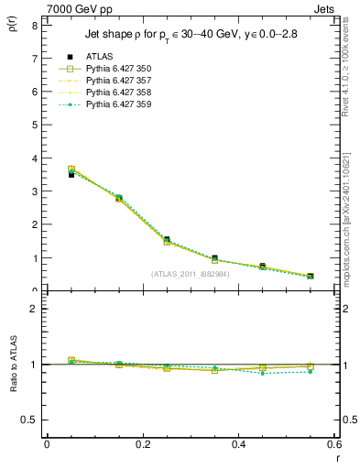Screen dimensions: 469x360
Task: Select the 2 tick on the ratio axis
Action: click(34, 309)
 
